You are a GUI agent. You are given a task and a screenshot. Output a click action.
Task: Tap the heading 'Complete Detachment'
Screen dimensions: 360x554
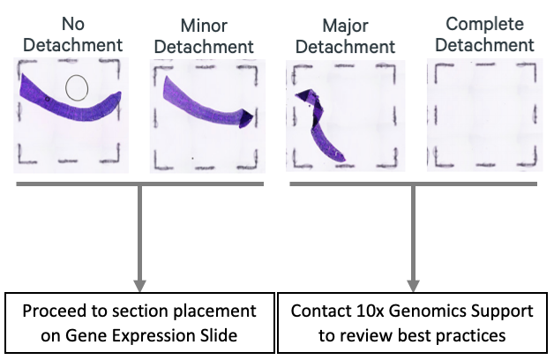click(x=489, y=33)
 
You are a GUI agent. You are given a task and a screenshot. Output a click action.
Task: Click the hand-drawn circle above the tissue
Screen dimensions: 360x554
click(x=77, y=86)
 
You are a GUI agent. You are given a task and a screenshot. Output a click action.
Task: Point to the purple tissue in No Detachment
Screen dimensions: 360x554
click(x=53, y=98)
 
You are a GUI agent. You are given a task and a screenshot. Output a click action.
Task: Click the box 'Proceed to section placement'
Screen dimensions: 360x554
click(x=138, y=322)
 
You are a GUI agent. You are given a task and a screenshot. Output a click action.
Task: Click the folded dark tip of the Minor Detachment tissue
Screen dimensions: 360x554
click(x=248, y=117)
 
